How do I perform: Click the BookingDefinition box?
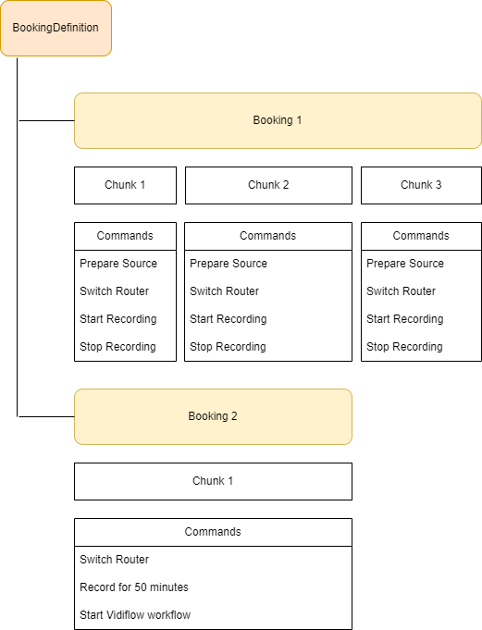pos(56,28)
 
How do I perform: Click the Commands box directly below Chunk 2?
pos(268,236)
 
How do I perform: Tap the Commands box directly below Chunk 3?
pos(421,236)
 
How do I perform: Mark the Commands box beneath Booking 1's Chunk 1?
pos(125,236)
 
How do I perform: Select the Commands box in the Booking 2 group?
pos(213,532)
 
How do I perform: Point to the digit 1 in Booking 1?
pos(299,120)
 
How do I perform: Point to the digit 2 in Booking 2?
pos(234,416)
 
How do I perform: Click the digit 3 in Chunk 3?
pos(439,185)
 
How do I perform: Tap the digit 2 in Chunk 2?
pos(286,185)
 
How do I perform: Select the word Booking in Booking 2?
pos(208,416)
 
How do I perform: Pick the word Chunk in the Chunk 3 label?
pos(416,185)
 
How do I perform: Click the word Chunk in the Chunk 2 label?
pos(264,185)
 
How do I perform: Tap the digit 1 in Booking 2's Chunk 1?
pos(230,481)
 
